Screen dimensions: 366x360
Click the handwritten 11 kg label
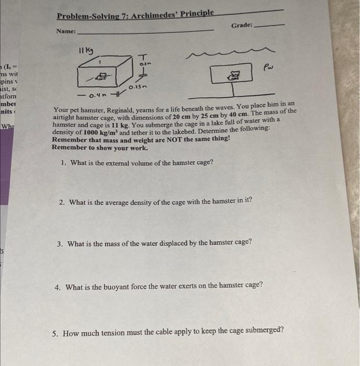pos(85,50)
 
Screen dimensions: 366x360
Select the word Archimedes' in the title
pos(153,14)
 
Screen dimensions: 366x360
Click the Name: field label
pos(66,31)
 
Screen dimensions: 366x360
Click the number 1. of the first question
pos(63,163)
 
